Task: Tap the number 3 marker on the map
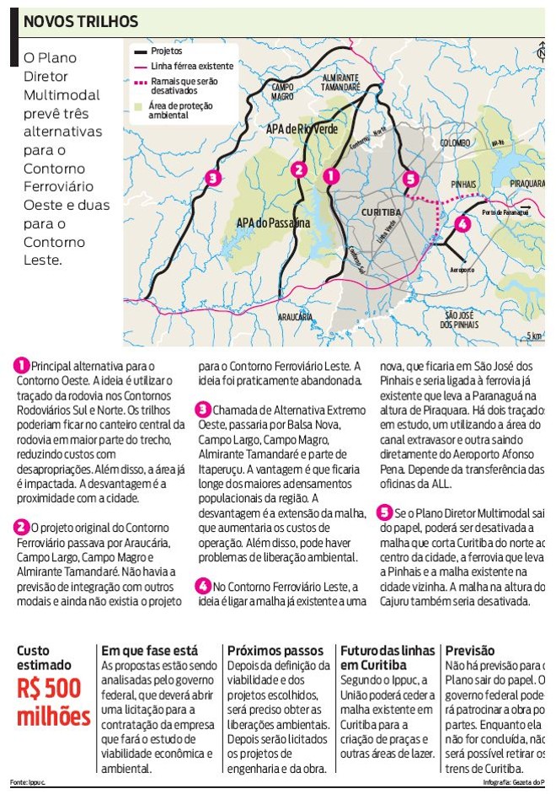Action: tap(213, 178)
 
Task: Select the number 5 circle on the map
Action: tap(410, 179)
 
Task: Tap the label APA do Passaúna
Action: tap(274, 223)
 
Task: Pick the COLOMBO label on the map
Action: tap(454, 143)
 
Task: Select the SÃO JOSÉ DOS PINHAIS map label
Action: tap(460, 319)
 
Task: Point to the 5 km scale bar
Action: tap(532, 335)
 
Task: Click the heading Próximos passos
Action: tap(275, 651)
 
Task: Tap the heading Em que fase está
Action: tap(150, 651)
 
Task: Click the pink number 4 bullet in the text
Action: tap(203, 586)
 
